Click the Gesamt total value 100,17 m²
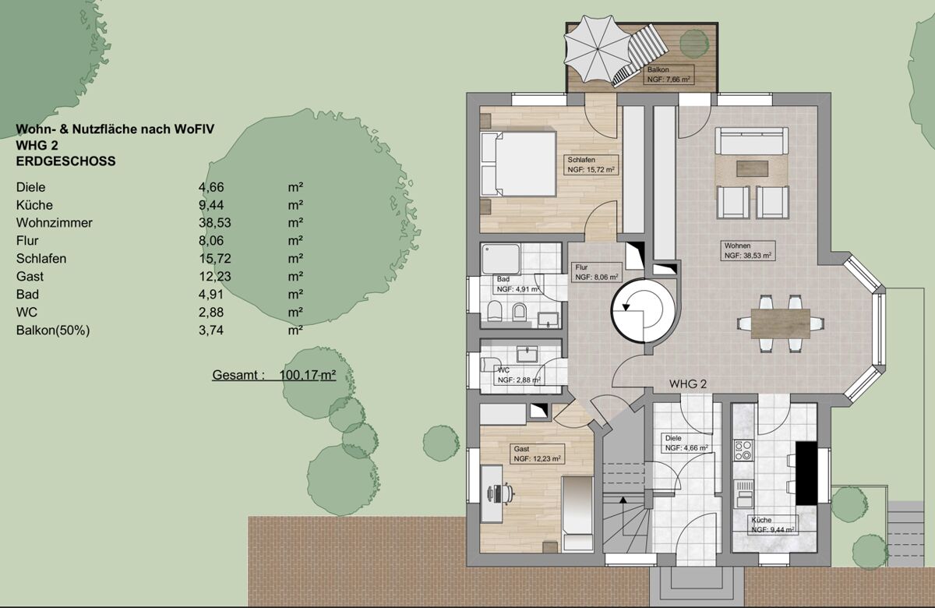(308, 375)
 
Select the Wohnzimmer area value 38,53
(214, 223)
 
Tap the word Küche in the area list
(34, 205)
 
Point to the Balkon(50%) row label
(53, 331)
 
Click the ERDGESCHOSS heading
(66, 161)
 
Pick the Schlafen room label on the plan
(581, 160)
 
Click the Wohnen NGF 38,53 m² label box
(747, 250)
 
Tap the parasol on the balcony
(597, 49)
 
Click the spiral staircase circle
(643, 311)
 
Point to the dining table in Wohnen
(780, 323)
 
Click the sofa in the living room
(751, 141)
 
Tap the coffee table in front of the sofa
(752, 168)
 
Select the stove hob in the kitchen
(743, 450)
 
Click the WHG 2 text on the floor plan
(688, 384)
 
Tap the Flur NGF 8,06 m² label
(597, 272)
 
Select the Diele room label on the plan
(673, 438)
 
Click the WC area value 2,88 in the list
(211, 313)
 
